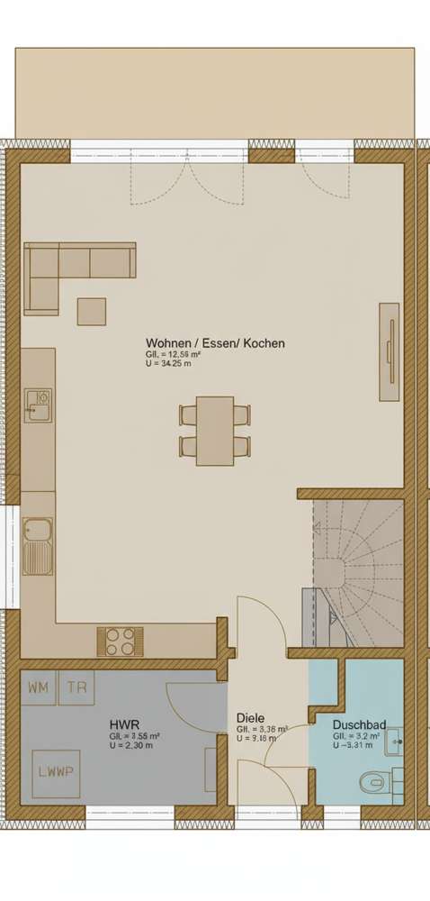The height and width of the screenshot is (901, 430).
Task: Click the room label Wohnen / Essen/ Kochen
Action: [x=215, y=343]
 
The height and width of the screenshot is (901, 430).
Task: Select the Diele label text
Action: [x=250, y=718]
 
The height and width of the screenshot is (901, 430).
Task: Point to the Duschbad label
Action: [x=359, y=724]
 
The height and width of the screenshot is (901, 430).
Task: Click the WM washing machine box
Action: [x=39, y=687]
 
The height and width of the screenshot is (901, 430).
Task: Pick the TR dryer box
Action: [x=80, y=687]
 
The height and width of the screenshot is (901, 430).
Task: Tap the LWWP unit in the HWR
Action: [x=56, y=772]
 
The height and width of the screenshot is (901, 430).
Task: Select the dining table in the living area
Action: [x=215, y=431]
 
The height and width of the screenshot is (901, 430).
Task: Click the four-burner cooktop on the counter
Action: [x=120, y=641]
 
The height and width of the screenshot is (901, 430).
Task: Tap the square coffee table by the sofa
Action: [x=91, y=311]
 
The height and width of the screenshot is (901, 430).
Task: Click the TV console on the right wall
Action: [x=388, y=351]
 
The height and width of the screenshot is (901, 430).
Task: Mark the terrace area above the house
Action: [x=214, y=90]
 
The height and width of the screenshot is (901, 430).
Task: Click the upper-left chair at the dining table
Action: [x=188, y=415]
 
